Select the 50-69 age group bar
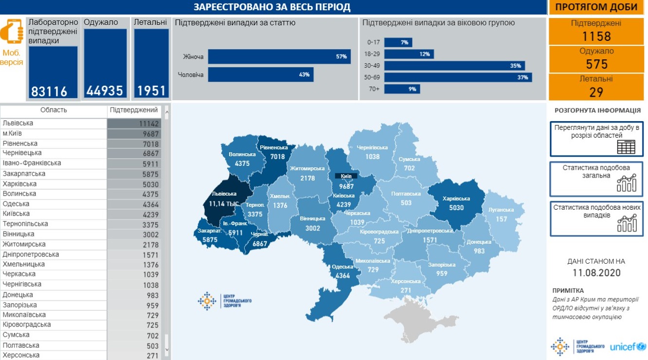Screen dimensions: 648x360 pos(457,77)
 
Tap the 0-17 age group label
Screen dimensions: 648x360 pos(373,42)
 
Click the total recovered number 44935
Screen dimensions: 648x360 pos(105,91)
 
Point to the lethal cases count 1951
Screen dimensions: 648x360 pos(151,91)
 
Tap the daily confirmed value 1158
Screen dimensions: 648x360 pos(596,36)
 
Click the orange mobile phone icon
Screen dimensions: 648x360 pos(12,33)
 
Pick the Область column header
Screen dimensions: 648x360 pos(54,110)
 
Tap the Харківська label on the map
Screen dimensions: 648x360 pos(456,198)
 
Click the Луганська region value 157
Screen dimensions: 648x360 pos(502,219)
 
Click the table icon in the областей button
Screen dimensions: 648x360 pos(626,147)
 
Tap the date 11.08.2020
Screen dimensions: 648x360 pos(596,273)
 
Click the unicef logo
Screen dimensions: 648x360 pos(628,347)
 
